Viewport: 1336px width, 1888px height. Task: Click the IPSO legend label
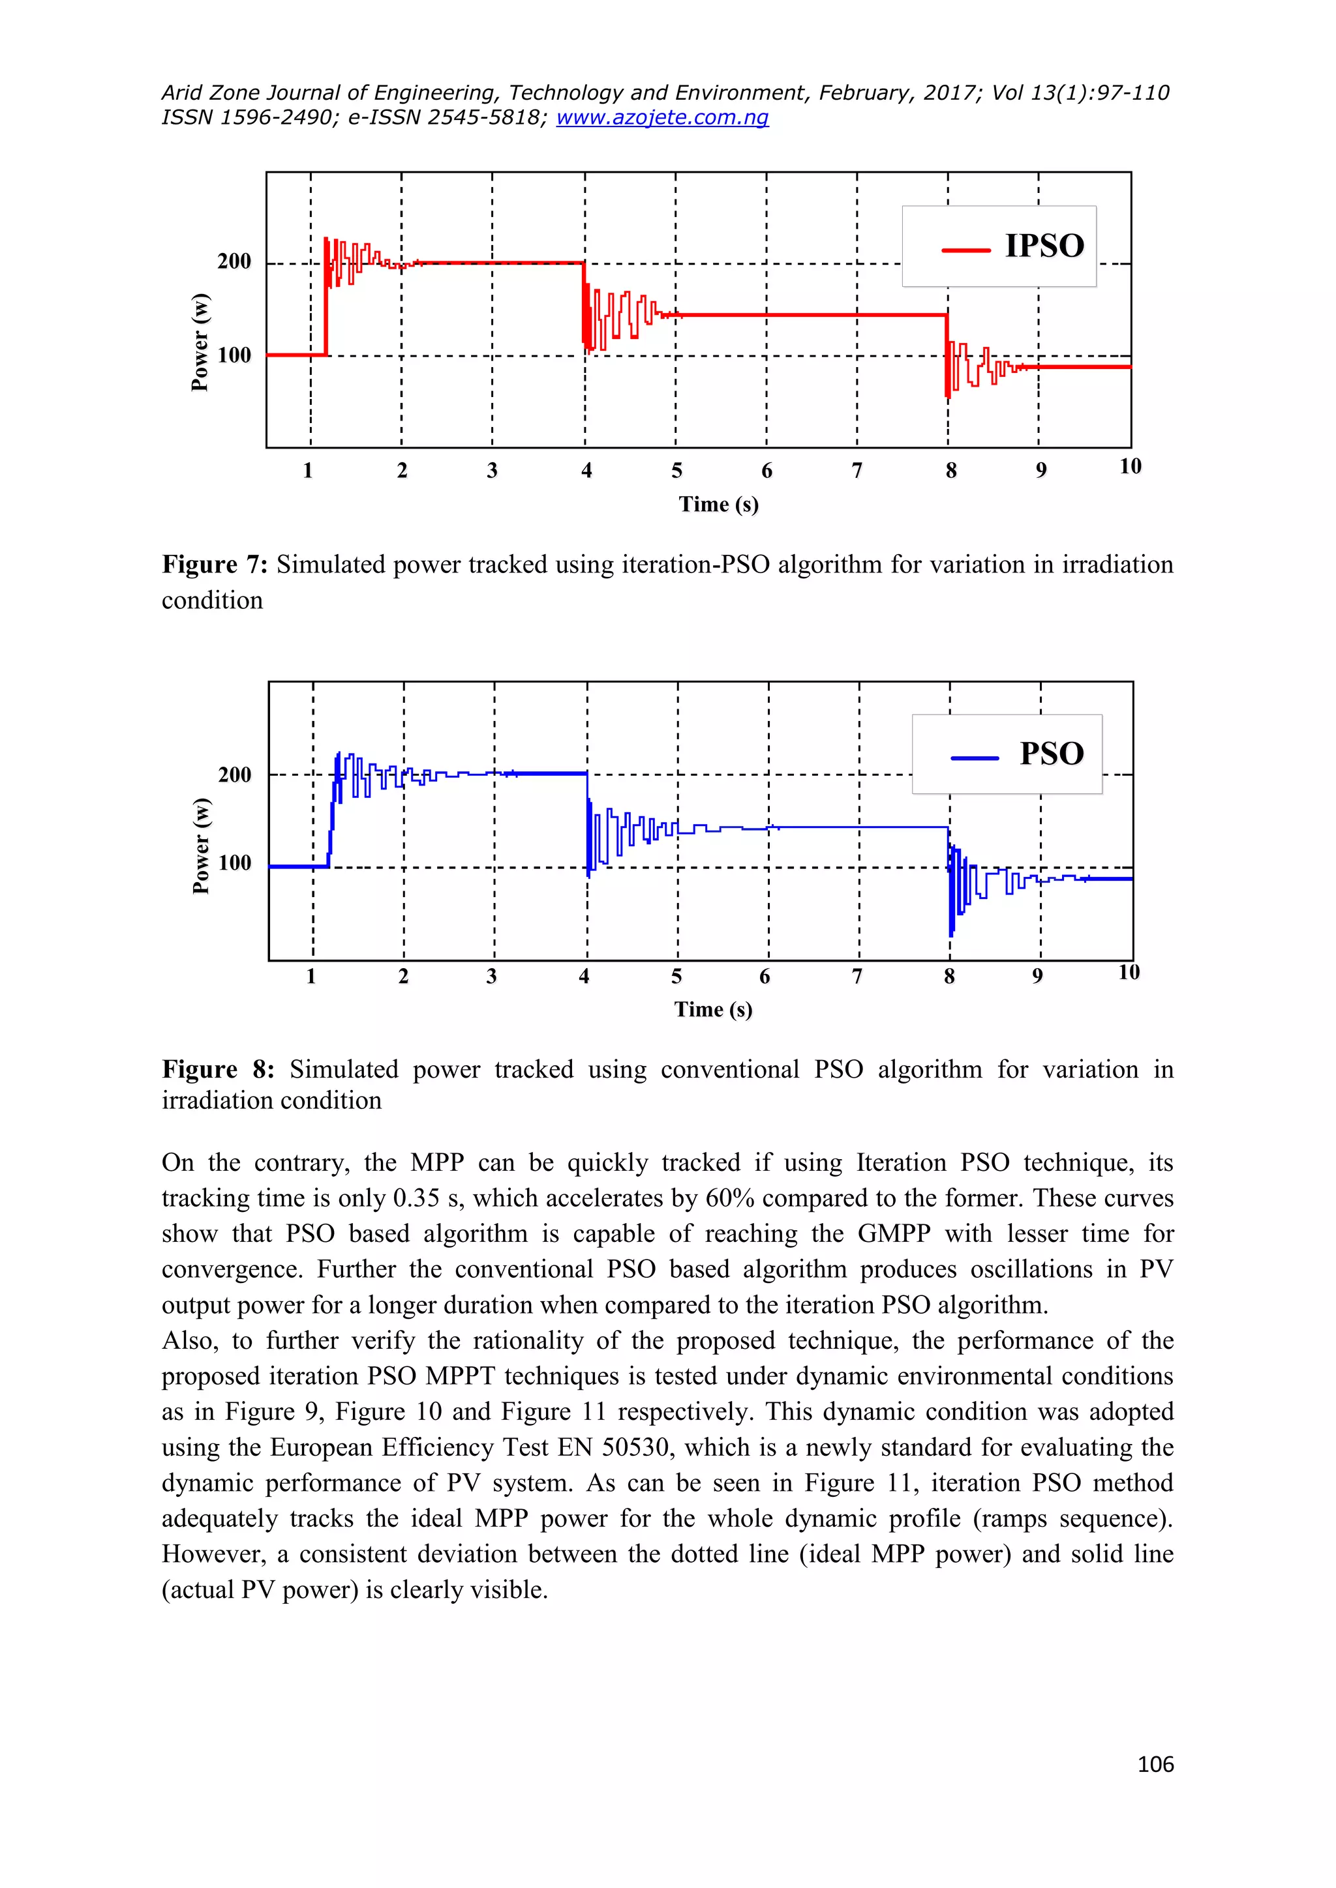(1044, 246)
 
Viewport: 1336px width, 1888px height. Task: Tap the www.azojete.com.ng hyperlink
(662, 117)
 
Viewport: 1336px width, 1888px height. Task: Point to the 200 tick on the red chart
(234, 261)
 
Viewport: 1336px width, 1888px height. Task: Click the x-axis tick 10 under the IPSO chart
(1131, 467)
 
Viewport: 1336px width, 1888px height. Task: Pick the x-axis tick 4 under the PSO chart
(584, 977)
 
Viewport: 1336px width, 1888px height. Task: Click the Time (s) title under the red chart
(718, 504)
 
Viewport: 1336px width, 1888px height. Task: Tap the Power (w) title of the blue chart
(202, 846)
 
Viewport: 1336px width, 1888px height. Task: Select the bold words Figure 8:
(218, 1070)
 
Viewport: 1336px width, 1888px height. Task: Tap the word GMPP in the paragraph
(894, 1234)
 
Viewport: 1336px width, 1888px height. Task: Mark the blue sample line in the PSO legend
(975, 758)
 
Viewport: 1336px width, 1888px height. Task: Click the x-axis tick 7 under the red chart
(857, 471)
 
